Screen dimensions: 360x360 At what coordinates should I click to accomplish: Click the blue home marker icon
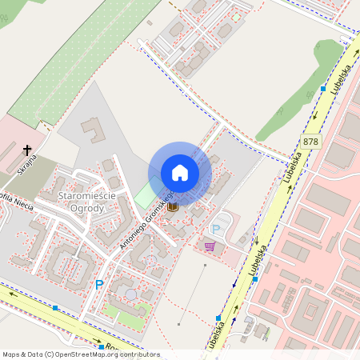[180, 173]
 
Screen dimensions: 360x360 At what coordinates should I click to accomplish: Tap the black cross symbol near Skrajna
[27, 150]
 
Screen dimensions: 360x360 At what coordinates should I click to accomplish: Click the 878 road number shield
[311, 142]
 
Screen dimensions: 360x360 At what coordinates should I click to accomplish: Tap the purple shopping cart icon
[210, 246]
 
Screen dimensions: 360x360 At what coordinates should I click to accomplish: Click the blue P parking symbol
[99, 284]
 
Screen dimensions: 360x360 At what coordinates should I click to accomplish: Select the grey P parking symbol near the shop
[215, 230]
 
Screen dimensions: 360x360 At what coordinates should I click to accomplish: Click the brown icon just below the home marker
[173, 206]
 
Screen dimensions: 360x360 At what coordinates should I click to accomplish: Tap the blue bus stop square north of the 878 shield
[323, 88]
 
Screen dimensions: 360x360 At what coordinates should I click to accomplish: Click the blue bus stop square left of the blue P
[55, 307]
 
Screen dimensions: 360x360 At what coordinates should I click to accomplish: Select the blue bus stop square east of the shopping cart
[255, 279]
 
